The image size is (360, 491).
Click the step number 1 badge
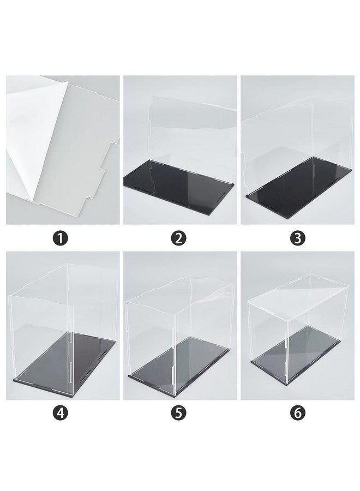pyautogui.click(x=61, y=238)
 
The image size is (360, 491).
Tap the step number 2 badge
pyautogui.click(x=178, y=238)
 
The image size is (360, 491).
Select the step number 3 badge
pyautogui.click(x=298, y=238)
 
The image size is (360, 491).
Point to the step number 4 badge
pyautogui.click(x=61, y=413)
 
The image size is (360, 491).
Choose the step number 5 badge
pyautogui.click(x=178, y=413)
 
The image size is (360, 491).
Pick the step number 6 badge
pyautogui.click(x=298, y=413)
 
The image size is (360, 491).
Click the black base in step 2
pyautogui.click(x=179, y=187)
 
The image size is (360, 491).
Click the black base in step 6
pyautogui.click(x=296, y=355)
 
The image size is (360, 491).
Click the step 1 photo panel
pyautogui.click(x=63, y=150)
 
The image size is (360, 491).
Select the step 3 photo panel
pyautogui.click(x=297, y=150)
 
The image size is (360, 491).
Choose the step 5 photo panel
pyautogui.click(x=180, y=326)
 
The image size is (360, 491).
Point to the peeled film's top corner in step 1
pyautogui.click(x=68, y=82)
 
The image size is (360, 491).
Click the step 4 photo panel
pyautogui.click(x=63, y=326)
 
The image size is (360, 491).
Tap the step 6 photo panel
pyautogui.click(x=297, y=326)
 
